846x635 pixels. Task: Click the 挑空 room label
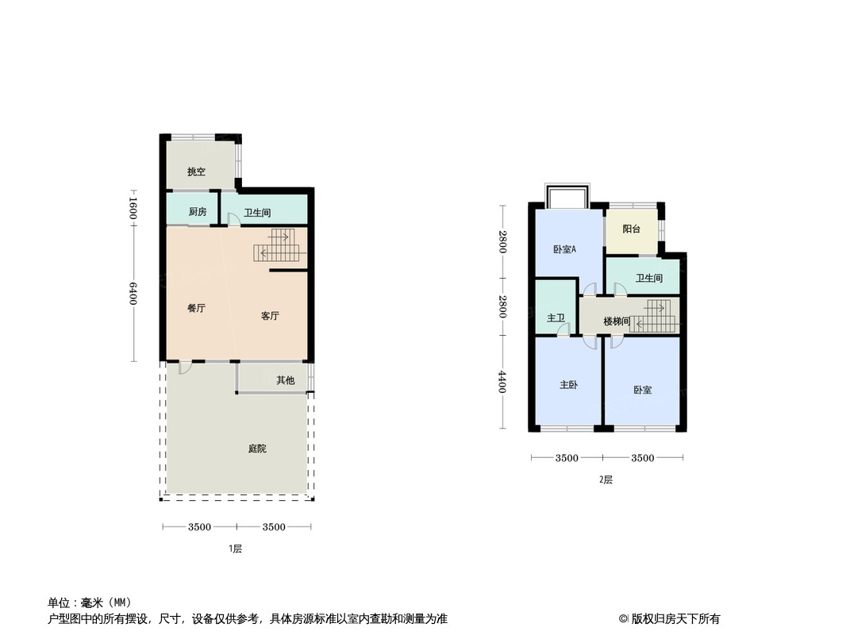click(196, 171)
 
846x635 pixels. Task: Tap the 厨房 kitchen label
click(198, 212)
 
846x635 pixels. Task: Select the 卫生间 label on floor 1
click(258, 213)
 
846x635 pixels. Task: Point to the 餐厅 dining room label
click(196, 308)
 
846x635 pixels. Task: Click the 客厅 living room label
click(270, 316)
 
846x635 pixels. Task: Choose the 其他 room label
click(285, 380)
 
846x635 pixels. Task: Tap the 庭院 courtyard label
click(257, 448)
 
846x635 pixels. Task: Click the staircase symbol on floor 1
click(275, 245)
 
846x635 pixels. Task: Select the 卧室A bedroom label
click(564, 249)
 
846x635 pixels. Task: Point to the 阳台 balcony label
click(632, 229)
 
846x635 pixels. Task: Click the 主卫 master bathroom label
click(556, 318)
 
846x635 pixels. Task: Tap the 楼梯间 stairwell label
click(617, 321)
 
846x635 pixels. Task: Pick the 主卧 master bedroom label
click(568, 385)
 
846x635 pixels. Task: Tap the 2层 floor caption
click(606, 479)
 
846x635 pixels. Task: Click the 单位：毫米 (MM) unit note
click(90, 602)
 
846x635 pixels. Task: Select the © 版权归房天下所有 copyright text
click(670, 619)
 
